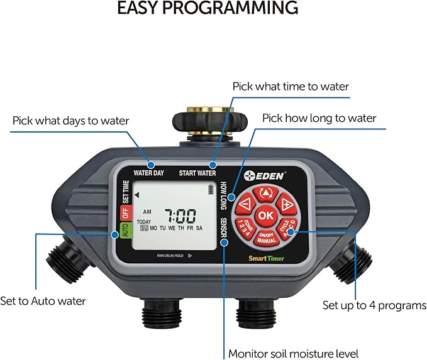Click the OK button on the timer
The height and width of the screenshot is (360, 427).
(266, 215)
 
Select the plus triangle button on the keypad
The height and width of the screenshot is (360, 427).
(286, 202)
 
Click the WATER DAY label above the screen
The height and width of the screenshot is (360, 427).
(148, 173)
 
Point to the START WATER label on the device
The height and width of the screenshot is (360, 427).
(197, 173)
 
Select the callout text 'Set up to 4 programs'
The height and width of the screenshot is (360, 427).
(374, 305)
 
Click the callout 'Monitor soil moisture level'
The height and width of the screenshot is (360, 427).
(293, 353)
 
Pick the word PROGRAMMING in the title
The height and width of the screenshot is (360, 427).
(239, 8)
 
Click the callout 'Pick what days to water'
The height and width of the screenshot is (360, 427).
(70, 120)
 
